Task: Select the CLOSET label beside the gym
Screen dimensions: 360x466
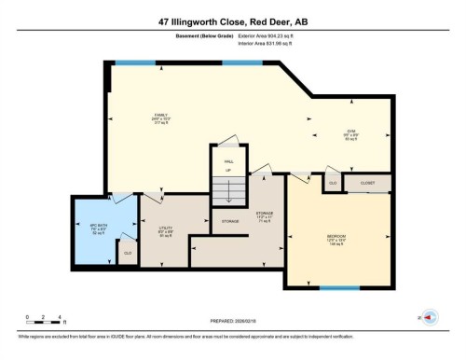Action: tap(367, 184)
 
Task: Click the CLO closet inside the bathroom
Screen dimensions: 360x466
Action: tap(127, 252)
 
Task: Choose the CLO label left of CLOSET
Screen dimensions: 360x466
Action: tap(332, 184)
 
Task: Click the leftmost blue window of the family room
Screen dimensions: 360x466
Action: tap(135, 62)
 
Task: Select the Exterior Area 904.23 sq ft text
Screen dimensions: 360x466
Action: tap(271, 38)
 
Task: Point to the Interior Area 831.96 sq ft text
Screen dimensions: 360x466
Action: tap(271, 46)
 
